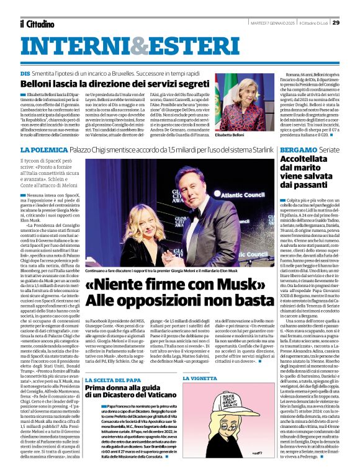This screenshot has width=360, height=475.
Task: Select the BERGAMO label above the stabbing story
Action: (297, 151)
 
